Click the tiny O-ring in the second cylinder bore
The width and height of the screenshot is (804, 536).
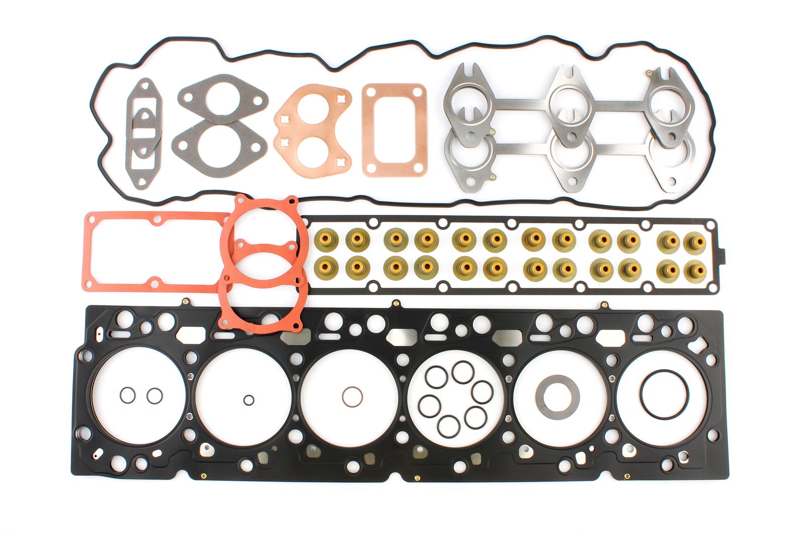pyautogui.click(x=248, y=400)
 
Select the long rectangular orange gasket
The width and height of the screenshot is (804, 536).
pyautogui.click(x=151, y=252)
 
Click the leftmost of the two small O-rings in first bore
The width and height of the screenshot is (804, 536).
pyautogui.click(x=128, y=395)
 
